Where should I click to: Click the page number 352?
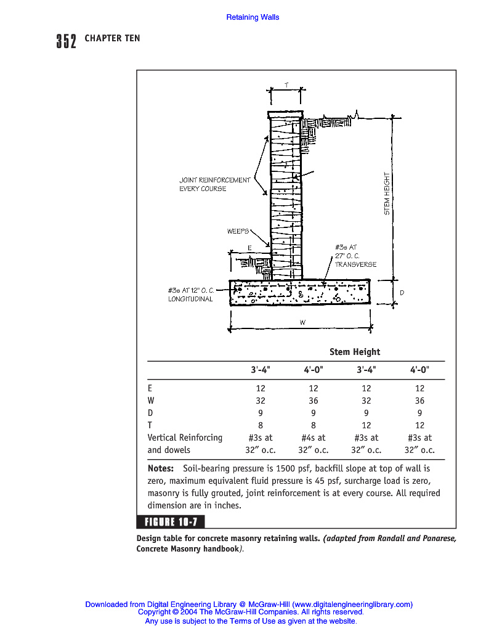(x=66, y=41)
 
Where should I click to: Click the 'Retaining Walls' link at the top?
(x=253, y=17)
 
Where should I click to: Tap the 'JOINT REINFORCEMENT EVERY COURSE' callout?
(x=214, y=184)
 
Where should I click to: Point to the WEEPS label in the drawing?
(x=238, y=231)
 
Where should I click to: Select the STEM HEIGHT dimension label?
(x=387, y=193)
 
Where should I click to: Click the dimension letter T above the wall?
(x=286, y=84)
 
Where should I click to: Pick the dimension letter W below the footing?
(x=302, y=322)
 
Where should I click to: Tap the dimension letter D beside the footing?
(x=402, y=293)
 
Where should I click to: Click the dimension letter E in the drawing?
(x=249, y=247)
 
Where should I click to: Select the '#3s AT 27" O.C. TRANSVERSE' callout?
(x=355, y=256)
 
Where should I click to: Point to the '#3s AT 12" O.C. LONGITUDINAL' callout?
(x=191, y=295)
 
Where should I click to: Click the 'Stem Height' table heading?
(x=355, y=352)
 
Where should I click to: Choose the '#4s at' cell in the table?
(x=314, y=438)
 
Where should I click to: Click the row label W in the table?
(x=152, y=401)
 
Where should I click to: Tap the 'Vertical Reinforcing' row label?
(x=185, y=438)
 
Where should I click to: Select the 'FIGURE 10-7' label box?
(x=171, y=523)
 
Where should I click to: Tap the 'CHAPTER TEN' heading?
(x=112, y=38)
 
